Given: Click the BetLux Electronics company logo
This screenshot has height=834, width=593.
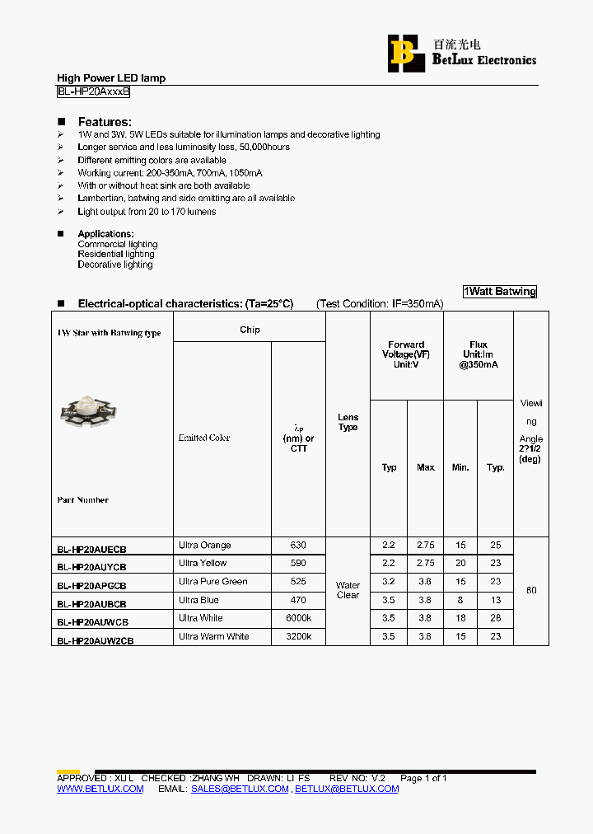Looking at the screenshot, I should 461,52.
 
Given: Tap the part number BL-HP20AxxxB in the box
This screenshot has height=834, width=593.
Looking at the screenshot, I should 93,92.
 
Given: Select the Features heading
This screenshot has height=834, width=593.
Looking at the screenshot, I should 105,122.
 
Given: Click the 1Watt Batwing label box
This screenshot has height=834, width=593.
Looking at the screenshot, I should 499,292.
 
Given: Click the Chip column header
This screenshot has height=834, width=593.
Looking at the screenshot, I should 250,330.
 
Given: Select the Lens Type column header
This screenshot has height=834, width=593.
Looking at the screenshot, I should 348,423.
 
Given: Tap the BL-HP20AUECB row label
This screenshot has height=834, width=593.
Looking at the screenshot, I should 91,549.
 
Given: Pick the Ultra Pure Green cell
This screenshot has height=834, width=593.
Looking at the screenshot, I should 212,582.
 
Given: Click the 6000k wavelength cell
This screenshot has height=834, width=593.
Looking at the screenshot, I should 298,618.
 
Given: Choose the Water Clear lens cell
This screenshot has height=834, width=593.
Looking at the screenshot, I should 348,590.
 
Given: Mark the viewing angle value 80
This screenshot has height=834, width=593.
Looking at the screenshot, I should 531,591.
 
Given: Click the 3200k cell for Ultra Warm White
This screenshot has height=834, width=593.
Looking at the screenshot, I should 298,636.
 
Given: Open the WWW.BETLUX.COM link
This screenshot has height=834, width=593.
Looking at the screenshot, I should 100,789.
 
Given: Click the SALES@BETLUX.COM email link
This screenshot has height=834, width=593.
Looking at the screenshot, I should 240,789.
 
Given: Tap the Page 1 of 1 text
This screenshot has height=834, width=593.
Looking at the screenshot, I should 423,778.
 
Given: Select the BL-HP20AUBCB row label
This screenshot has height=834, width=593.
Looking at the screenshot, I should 91,604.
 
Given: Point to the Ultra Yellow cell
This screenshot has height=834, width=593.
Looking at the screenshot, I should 203,564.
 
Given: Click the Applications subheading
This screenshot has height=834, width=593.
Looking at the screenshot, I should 105,234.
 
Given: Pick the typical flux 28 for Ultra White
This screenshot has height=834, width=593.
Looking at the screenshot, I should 495,618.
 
